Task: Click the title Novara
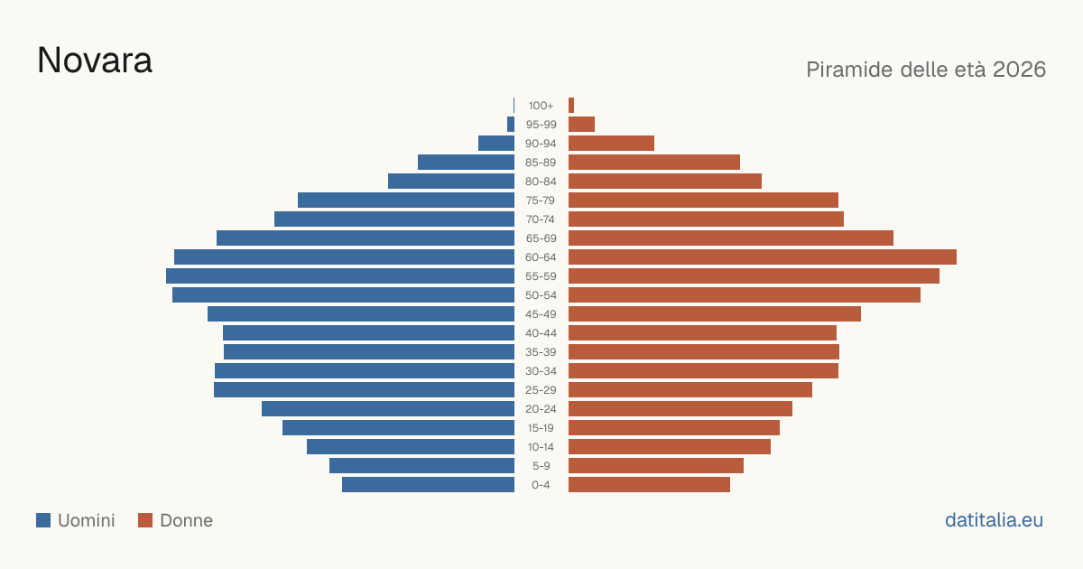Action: [x=95, y=61]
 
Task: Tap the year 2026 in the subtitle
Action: [x=1019, y=70]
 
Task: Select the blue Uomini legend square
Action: [x=43, y=520]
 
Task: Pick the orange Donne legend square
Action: [x=145, y=520]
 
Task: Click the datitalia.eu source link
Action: [x=994, y=520]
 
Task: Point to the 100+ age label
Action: [x=541, y=106]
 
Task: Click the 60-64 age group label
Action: [x=541, y=257]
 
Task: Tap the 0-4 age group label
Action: [x=541, y=485]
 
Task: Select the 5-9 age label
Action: [x=541, y=466]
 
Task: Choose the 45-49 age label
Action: [x=541, y=314]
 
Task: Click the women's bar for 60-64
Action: [x=763, y=257]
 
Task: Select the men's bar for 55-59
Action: [x=340, y=275]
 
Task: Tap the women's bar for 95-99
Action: [x=581, y=125]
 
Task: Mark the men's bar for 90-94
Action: [x=496, y=144]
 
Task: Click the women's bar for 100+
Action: [x=571, y=106]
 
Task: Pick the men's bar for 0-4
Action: [x=429, y=485]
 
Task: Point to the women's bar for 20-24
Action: [x=680, y=409]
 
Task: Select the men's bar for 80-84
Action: [x=451, y=182]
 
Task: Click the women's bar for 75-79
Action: [x=703, y=201]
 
